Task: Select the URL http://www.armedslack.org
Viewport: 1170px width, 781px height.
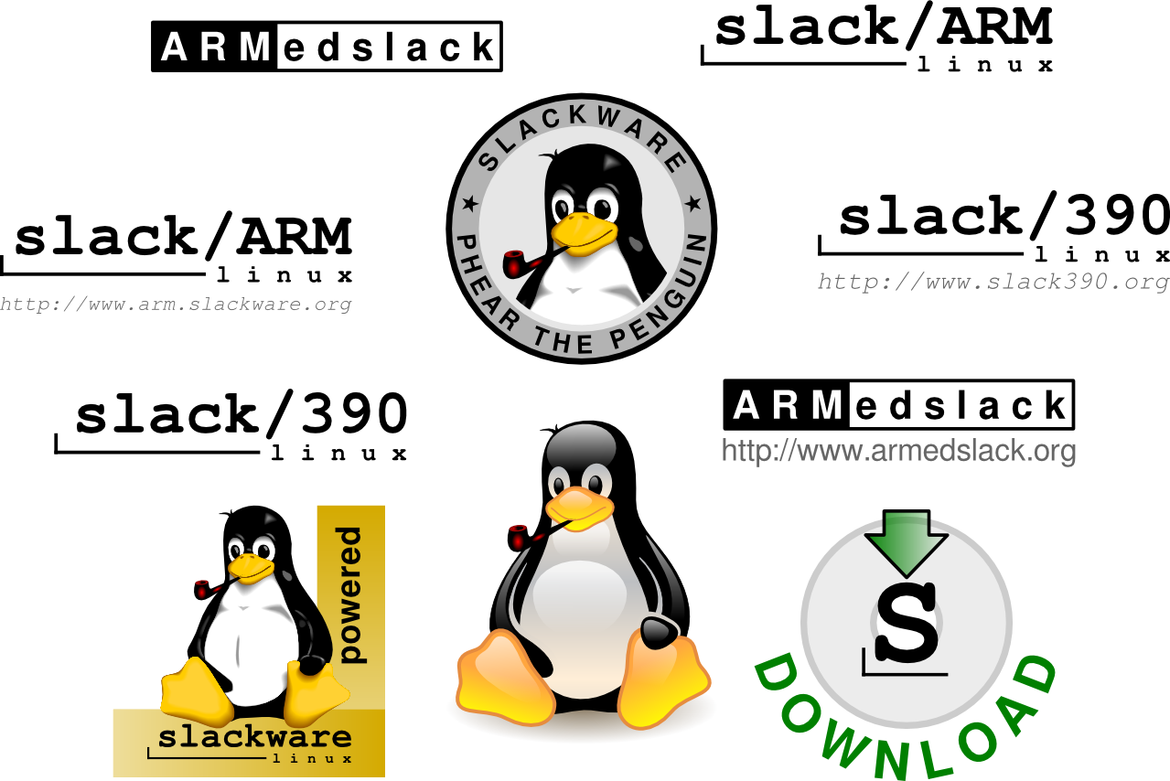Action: [898, 451]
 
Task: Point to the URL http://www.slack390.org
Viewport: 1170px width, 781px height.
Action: [993, 282]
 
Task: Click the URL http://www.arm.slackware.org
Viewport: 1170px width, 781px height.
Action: [175, 304]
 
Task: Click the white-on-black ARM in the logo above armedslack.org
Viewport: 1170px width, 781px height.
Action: [787, 405]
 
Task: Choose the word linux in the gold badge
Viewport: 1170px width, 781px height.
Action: [312, 757]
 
